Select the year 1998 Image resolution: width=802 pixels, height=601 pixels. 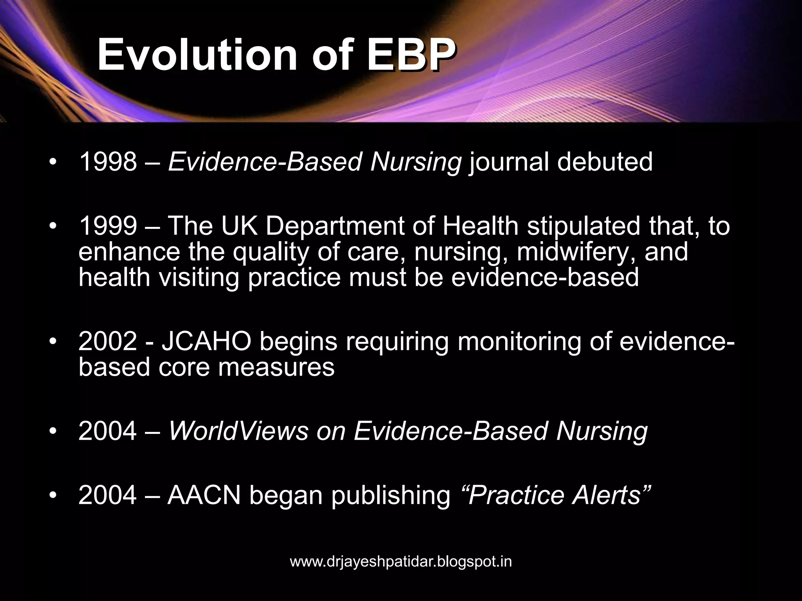pyautogui.click(x=108, y=162)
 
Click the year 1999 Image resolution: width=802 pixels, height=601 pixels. pyautogui.click(x=108, y=226)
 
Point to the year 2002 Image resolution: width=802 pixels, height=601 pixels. pyautogui.click(x=108, y=341)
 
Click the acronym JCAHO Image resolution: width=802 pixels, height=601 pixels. pyautogui.click(x=206, y=341)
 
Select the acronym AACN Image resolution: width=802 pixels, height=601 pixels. pyautogui.click(x=204, y=495)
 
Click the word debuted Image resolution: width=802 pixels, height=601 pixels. pyautogui.click(x=605, y=162)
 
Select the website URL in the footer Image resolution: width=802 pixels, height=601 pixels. pyautogui.click(x=401, y=562)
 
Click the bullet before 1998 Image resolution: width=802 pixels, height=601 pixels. pyautogui.click(x=53, y=162)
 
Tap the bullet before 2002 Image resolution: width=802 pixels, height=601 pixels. pyautogui.click(x=53, y=341)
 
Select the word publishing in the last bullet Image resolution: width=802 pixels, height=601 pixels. pyautogui.click(x=391, y=496)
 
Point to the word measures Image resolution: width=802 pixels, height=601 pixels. pyautogui.click(x=276, y=367)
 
